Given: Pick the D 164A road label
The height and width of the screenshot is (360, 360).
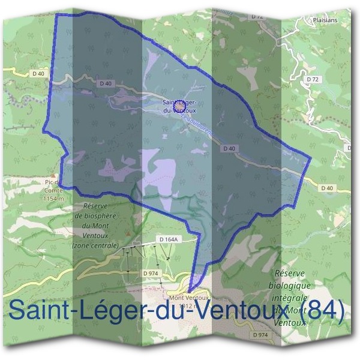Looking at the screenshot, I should click(170, 239).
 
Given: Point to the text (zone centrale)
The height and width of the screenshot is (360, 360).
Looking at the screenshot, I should click(95, 245).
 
